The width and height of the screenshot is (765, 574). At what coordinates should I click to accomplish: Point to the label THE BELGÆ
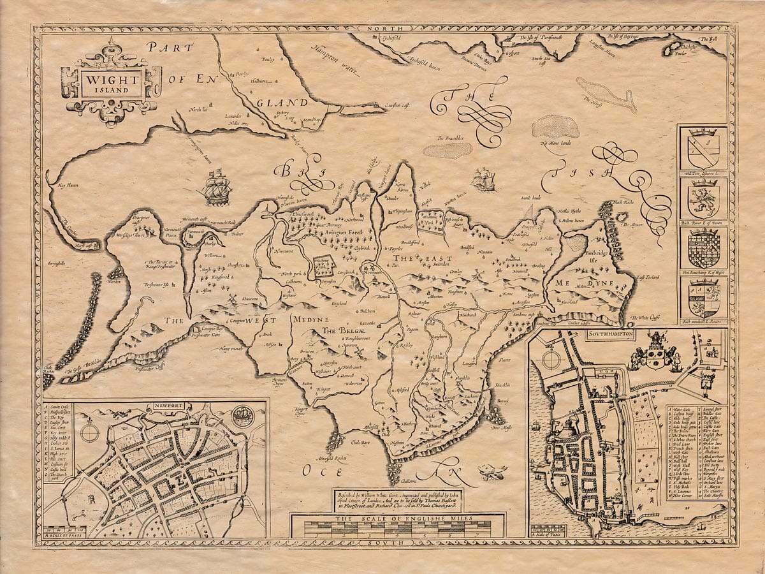pos(337,331)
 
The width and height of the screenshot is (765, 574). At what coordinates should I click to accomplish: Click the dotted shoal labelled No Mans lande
pos(555,128)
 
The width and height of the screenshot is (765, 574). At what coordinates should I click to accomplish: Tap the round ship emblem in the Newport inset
pos(243,415)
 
